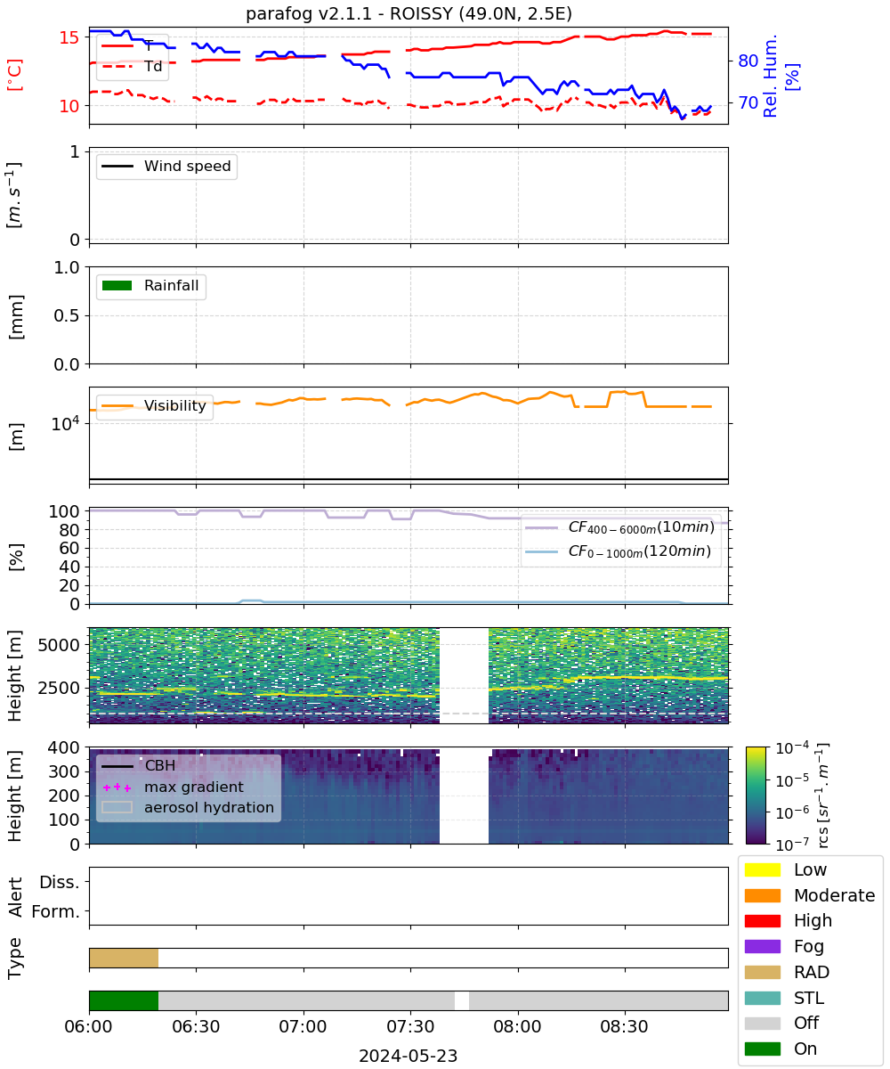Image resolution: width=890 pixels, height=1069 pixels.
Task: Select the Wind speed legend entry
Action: point(166,166)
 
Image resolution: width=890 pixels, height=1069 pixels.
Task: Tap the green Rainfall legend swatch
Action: point(117,285)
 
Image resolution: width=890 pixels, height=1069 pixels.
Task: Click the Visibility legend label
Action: point(175,405)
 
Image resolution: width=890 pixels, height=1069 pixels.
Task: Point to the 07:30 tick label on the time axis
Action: point(410,1026)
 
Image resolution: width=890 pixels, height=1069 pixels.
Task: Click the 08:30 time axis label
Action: point(624,1026)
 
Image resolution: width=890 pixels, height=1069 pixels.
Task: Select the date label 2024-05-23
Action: point(409,1056)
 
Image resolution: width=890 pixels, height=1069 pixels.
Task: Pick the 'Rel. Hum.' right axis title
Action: point(770,76)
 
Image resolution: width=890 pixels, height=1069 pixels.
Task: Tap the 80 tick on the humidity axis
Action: point(748,61)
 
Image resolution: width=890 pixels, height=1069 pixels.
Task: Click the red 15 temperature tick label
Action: point(69,37)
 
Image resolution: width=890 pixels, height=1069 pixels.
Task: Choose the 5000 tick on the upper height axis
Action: point(59,645)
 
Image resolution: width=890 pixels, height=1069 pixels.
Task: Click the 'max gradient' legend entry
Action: point(168,787)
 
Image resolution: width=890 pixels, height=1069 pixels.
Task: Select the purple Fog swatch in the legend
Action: point(762,946)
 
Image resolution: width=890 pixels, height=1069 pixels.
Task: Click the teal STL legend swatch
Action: point(762,998)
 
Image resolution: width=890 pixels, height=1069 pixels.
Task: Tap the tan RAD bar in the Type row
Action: point(124,958)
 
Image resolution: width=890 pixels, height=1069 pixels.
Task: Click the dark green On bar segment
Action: point(124,1000)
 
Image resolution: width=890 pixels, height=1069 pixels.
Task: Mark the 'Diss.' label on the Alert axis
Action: point(60,882)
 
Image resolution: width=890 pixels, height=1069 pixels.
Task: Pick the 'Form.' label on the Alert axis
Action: point(55,912)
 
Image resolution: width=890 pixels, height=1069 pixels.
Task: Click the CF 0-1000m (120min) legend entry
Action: point(618,551)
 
